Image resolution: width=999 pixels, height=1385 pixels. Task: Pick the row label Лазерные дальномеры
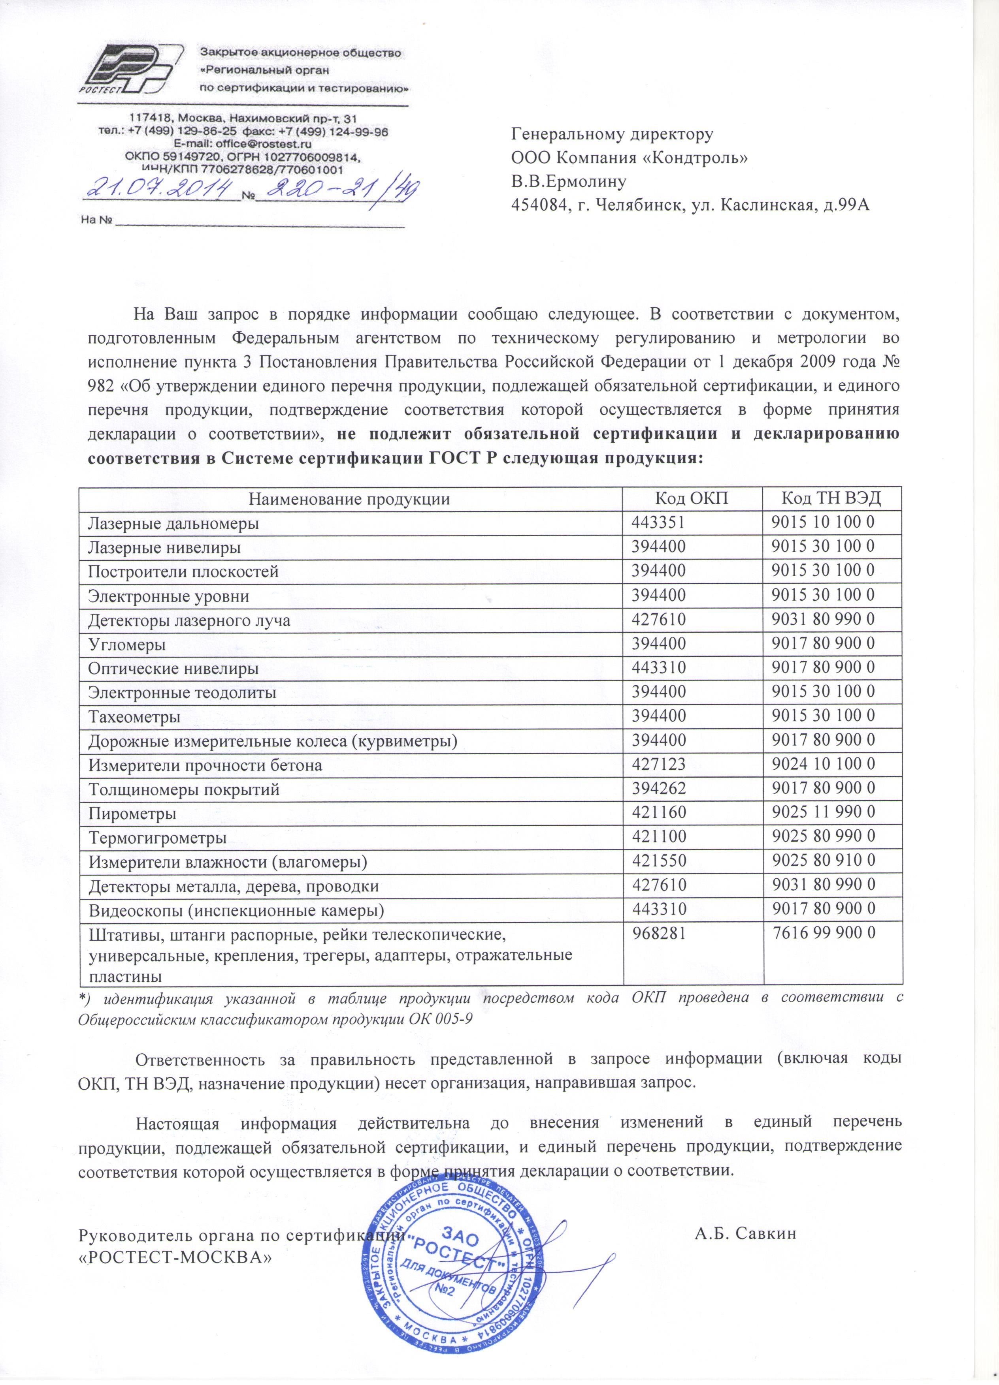click(173, 523)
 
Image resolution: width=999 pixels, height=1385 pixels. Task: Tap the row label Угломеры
click(127, 644)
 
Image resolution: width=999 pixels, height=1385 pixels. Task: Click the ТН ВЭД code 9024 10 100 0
click(823, 764)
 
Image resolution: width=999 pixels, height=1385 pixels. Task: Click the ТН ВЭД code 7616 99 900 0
click(824, 934)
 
